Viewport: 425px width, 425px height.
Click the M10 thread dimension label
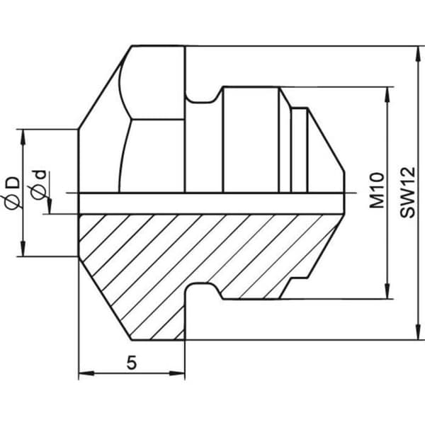[x=377, y=190]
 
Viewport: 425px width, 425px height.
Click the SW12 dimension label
[x=407, y=192]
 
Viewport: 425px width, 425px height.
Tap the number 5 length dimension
[x=132, y=363]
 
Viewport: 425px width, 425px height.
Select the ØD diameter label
[x=11, y=193]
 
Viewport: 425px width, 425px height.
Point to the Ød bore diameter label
[x=38, y=186]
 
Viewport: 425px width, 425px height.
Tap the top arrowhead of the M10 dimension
[x=388, y=95]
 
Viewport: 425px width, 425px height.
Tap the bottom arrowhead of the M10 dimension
[x=388, y=291]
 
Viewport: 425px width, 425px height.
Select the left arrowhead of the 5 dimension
[x=86, y=373]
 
